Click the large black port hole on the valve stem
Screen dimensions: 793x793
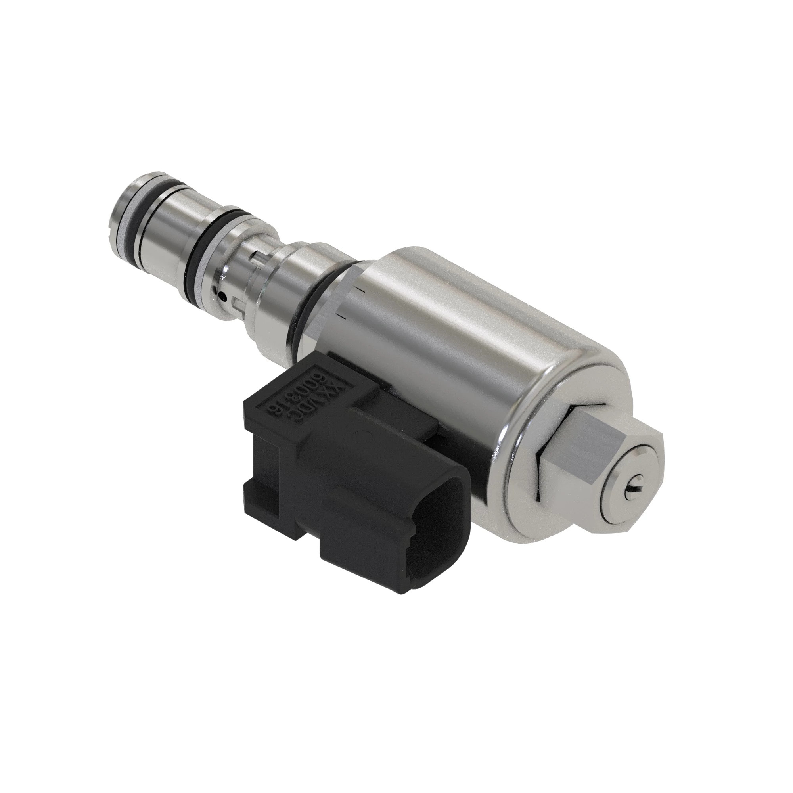pos(222,294)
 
